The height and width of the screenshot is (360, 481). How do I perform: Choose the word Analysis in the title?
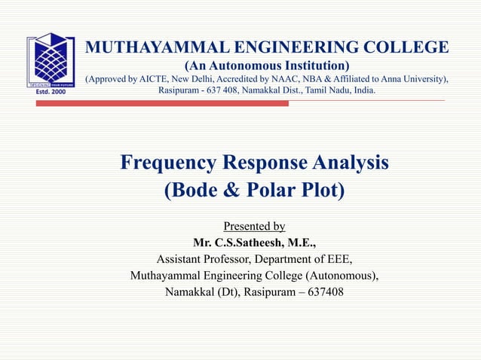tap(351, 162)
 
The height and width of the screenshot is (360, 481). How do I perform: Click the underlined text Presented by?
tap(254, 226)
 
